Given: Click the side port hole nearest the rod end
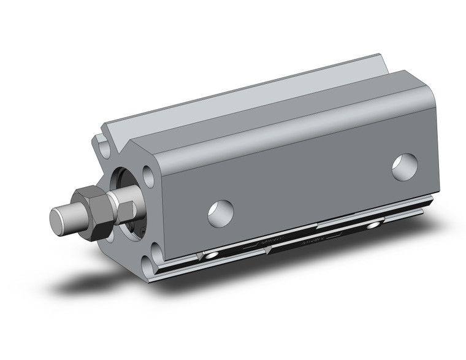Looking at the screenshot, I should pyautogui.click(x=221, y=212).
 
